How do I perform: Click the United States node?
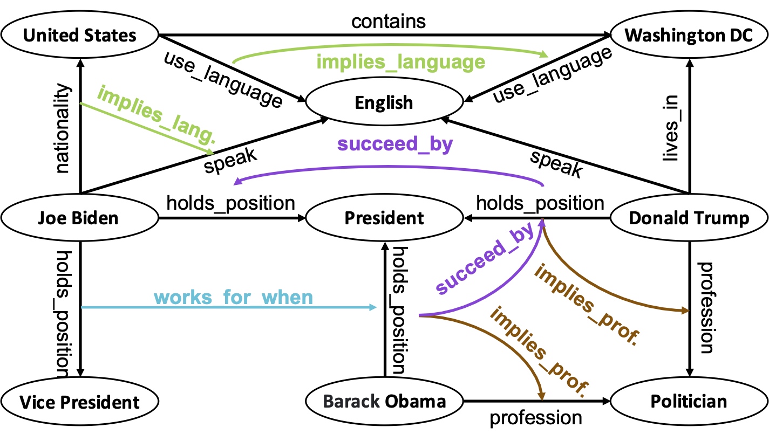point(80,36)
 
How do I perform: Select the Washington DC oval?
point(689,36)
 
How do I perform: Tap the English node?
point(384,102)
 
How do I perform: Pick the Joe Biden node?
point(80,218)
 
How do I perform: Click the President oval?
point(384,218)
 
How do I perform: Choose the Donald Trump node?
point(689,218)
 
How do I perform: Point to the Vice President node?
point(80,402)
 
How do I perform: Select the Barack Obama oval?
point(384,402)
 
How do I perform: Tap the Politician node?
point(689,402)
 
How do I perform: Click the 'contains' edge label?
point(388,22)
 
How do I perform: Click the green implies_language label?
point(400,62)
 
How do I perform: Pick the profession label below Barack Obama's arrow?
point(535,417)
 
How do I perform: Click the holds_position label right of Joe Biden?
point(230,203)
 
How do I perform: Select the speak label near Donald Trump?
point(556,164)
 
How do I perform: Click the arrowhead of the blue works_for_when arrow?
point(373,307)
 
